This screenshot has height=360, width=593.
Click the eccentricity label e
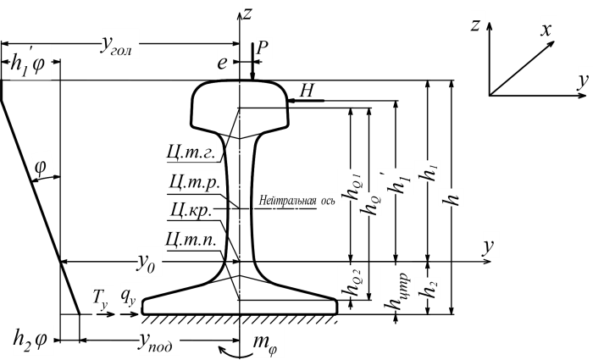coord(221,62)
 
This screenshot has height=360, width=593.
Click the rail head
coord(241,102)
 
